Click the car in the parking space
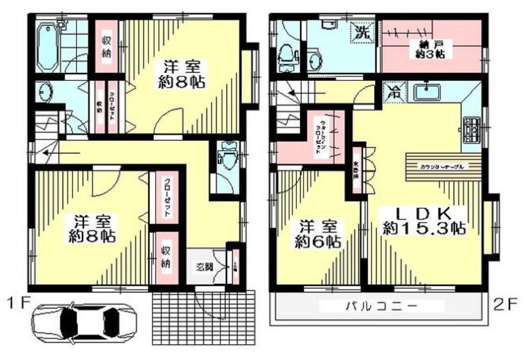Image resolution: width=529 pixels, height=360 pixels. (84, 322)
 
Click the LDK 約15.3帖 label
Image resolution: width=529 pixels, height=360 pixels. (424, 220)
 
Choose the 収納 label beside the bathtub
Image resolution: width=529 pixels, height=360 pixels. (107, 46)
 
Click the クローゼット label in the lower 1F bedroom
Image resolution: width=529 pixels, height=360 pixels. (166, 199)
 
